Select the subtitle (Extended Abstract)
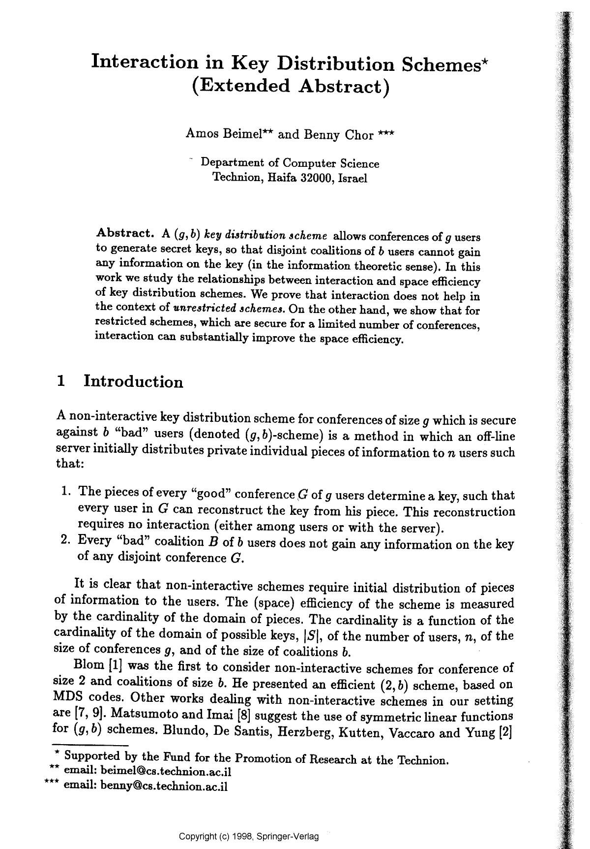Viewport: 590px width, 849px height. click(x=290, y=86)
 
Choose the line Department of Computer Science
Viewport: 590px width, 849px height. click(x=290, y=163)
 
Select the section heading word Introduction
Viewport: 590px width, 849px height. click(x=133, y=381)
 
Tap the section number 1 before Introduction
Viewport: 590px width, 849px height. click(x=61, y=380)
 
